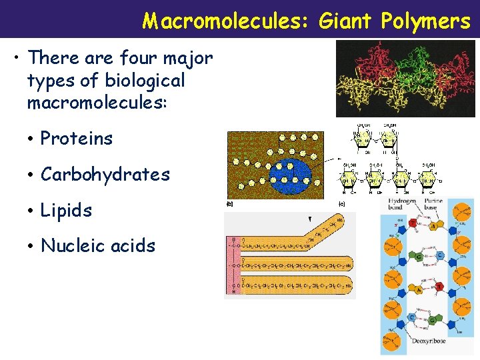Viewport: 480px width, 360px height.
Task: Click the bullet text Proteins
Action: [77, 139]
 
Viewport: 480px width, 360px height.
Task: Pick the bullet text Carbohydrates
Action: [105, 175]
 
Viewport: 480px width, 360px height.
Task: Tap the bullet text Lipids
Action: [66, 211]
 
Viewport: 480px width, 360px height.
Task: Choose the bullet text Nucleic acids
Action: [98, 246]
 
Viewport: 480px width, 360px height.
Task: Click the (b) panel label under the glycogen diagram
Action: [230, 203]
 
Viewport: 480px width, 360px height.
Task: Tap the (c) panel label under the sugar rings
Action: [342, 203]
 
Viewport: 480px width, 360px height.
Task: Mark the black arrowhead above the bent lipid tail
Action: [309, 219]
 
